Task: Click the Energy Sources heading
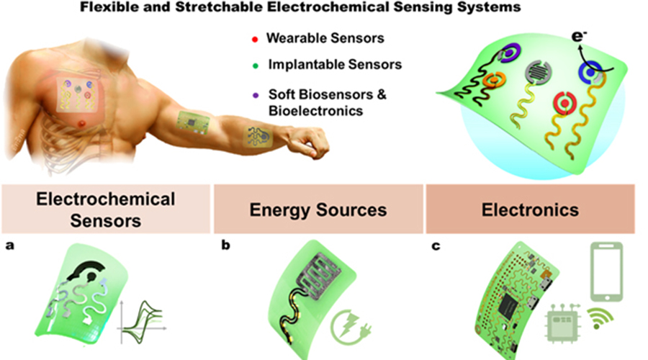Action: (318, 210)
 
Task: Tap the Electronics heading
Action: (529, 210)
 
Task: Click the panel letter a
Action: (9, 245)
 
